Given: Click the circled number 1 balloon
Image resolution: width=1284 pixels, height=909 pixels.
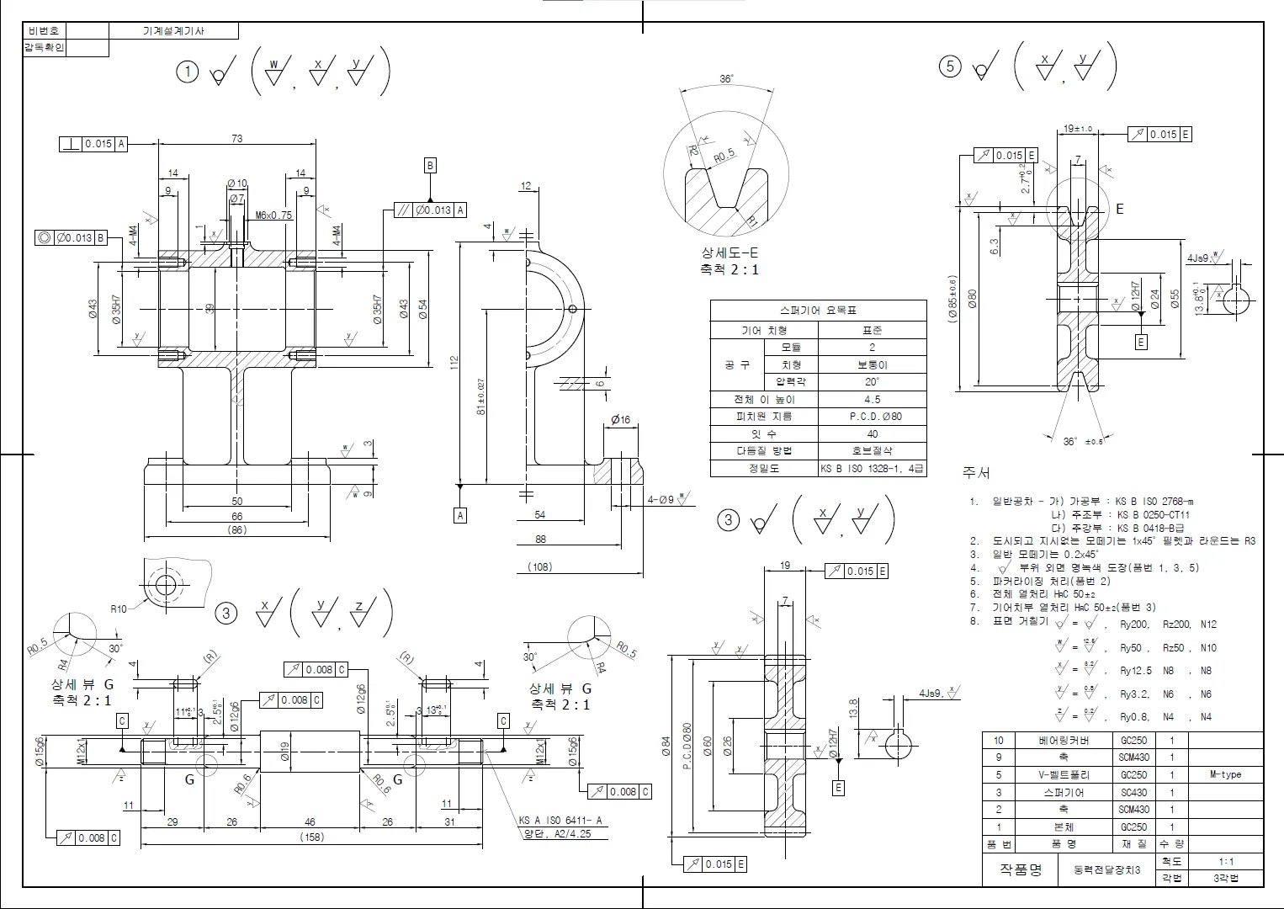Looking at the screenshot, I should pyautogui.click(x=187, y=72).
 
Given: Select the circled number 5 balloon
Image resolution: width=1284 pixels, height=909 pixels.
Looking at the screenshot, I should pyautogui.click(x=950, y=66).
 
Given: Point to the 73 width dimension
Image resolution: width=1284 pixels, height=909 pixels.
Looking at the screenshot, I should pyautogui.click(x=236, y=138).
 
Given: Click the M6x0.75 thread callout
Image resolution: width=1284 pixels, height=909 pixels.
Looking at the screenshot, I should pyautogui.click(x=273, y=215).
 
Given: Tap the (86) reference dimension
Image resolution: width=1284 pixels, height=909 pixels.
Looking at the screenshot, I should pyautogui.click(x=236, y=530).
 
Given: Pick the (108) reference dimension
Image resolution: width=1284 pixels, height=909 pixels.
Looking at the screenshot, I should pyautogui.click(x=539, y=566).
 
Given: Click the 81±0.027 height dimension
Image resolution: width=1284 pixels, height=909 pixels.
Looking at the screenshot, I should pyautogui.click(x=481, y=396).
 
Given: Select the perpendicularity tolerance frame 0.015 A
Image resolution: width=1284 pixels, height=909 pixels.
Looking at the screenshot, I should pyautogui.click(x=93, y=144).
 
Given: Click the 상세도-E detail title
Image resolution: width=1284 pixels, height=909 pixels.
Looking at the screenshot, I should pyautogui.click(x=730, y=252).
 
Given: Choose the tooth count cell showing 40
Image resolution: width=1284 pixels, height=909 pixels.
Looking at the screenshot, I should pyautogui.click(x=872, y=433).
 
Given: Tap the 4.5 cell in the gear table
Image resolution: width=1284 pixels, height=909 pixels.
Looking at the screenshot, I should pyautogui.click(x=872, y=399).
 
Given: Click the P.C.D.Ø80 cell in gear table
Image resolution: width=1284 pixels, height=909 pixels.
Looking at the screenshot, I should pyautogui.click(x=872, y=416).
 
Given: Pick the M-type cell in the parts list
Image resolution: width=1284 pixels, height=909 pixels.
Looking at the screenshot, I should pyautogui.click(x=1225, y=774).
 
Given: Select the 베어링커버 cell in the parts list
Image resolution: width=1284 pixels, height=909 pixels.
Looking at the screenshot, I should pyautogui.click(x=1064, y=741).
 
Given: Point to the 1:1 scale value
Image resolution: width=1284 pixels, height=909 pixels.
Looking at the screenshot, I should pyautogui.click(x=1225, y=861).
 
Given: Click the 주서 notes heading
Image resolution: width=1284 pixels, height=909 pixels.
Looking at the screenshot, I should pyautogui.click(x=976, y=473).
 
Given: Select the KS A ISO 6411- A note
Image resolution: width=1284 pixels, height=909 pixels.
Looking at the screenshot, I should pyautogui.click(x=560, y=821).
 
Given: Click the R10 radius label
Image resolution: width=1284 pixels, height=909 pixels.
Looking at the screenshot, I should pyautogui.click(x=119, y=609).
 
